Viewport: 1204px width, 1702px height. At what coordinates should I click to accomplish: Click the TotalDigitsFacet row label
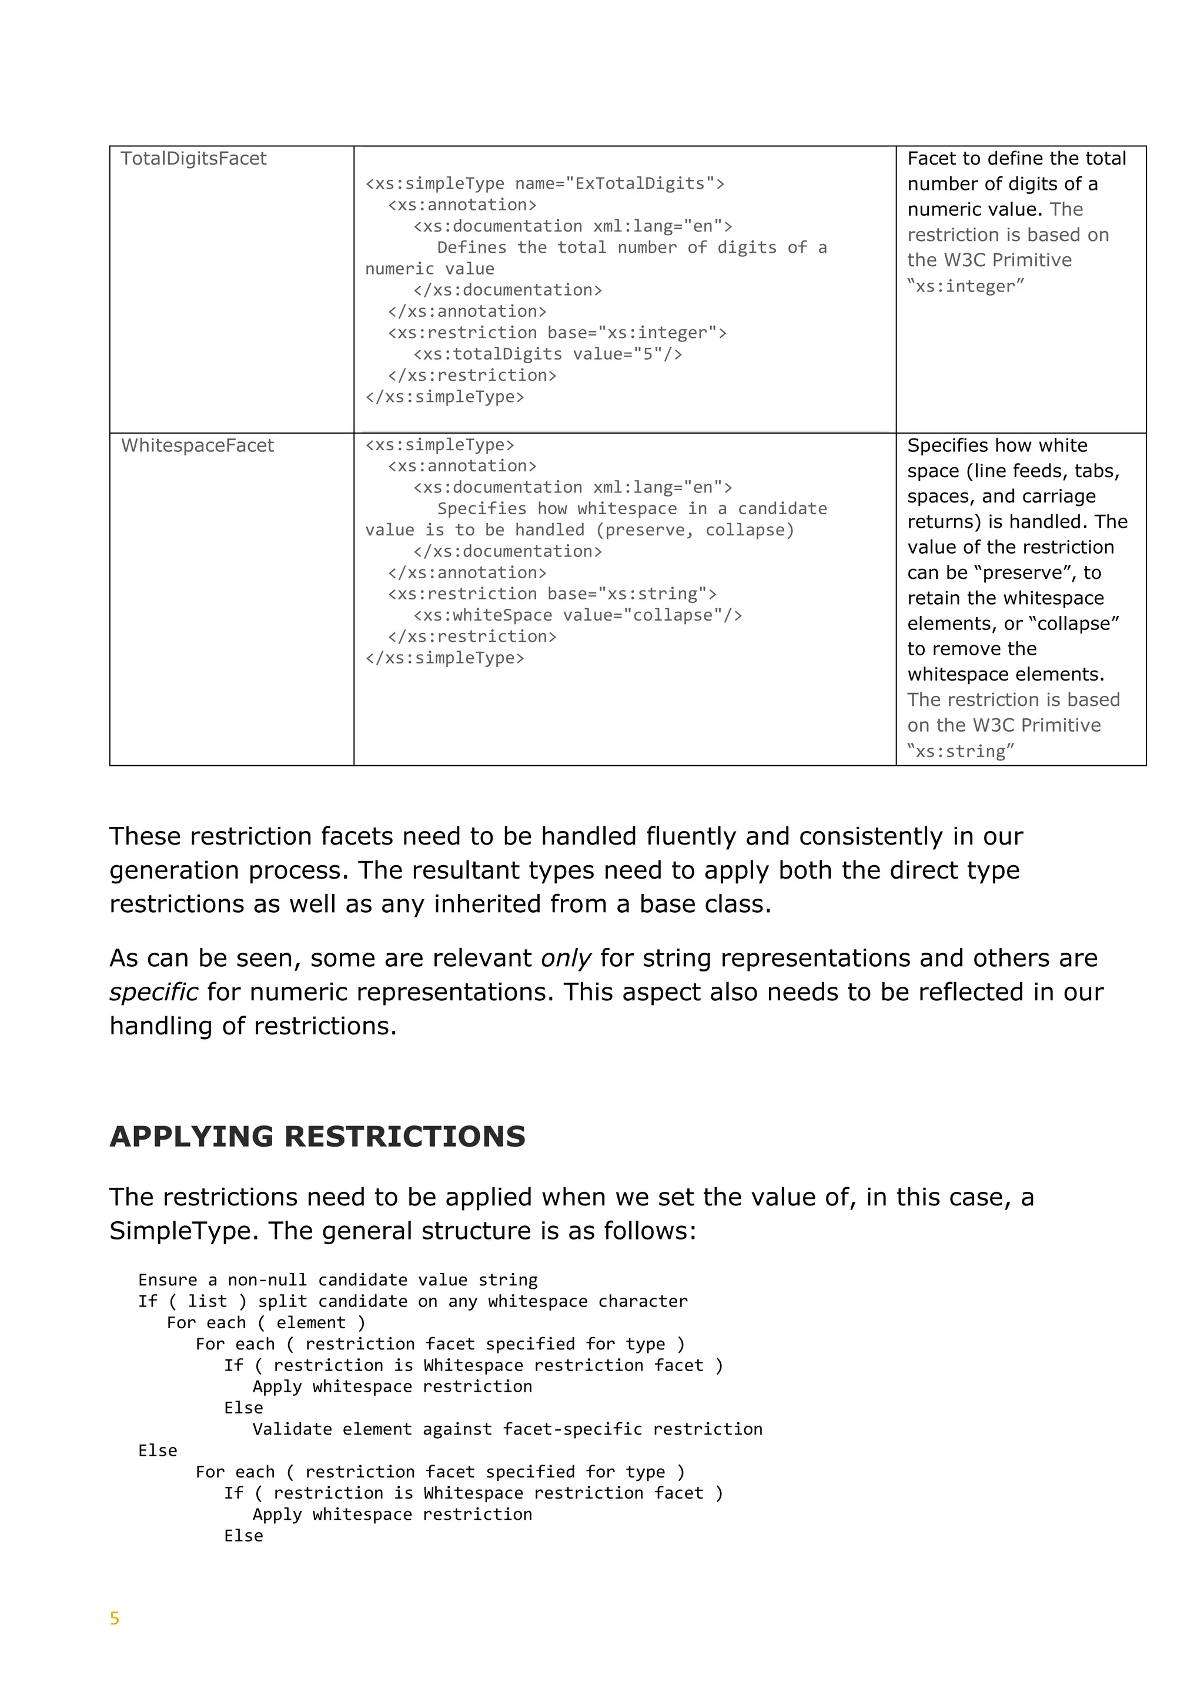[x=193, y=159]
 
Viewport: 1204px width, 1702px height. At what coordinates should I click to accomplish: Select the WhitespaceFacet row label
[x=197, y=445]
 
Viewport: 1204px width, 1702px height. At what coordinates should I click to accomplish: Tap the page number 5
[x=115, y=1618]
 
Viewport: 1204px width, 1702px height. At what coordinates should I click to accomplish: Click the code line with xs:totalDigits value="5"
[x=547, y=354]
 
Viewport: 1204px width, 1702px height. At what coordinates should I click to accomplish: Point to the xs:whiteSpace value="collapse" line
[x=577, y=615]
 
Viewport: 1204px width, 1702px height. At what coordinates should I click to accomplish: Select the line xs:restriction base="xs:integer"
[x=557, y=333]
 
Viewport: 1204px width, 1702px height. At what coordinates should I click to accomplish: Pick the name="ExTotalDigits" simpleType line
[x=544, y=183]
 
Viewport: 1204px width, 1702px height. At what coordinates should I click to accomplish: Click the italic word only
[x=566, y=959]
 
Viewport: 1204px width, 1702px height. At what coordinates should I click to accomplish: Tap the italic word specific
[x=153, y=993]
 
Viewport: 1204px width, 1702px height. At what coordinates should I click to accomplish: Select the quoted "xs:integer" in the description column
[x=965, y=286]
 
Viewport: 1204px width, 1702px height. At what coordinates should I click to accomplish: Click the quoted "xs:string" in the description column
[x=961, y=751]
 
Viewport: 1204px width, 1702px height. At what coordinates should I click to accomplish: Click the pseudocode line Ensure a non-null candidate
[x=337, y=1280]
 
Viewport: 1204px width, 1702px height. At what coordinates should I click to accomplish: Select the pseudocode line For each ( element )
[x=265, y=1322]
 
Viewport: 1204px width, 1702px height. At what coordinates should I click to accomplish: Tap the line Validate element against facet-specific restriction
[x=507, y=1429]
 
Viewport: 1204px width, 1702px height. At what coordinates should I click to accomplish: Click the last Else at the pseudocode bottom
[x=243, y=1535]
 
